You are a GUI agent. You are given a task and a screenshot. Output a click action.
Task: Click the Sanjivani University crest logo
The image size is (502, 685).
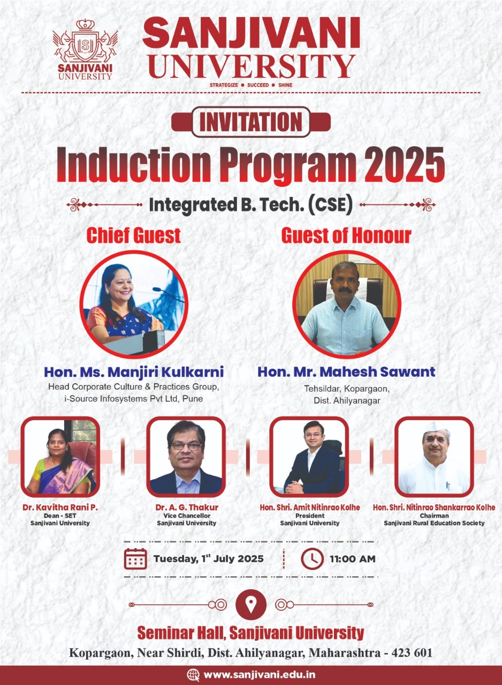(x=85, y=49)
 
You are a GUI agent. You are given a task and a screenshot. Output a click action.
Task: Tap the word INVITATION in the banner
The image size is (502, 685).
(x=250, y=122)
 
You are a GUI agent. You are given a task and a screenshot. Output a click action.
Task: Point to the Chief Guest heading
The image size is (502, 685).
(x=134, y=235)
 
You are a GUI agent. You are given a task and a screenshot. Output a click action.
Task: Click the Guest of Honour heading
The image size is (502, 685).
(x=346, y=235)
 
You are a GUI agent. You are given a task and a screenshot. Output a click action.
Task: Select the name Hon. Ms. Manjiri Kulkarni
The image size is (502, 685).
(x=134, y=372)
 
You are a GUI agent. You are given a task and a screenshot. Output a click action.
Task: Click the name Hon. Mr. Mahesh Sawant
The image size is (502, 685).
(x=346, y=372)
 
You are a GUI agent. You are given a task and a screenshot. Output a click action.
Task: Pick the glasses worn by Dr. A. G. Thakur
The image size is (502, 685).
(x=186, y=446)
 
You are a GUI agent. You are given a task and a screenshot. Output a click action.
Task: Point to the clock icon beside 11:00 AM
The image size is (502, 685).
(x=312, y=559)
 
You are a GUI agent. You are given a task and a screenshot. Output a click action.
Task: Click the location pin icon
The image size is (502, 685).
(x=250, y=605)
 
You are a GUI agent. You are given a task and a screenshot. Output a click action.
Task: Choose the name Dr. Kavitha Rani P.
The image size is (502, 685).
(x=60, y=507)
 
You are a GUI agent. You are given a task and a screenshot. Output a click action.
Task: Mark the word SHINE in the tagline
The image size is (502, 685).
(x=285, y=85)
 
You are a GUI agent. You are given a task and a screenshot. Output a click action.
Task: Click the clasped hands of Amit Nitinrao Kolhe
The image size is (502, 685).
(x=293, y=490)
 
